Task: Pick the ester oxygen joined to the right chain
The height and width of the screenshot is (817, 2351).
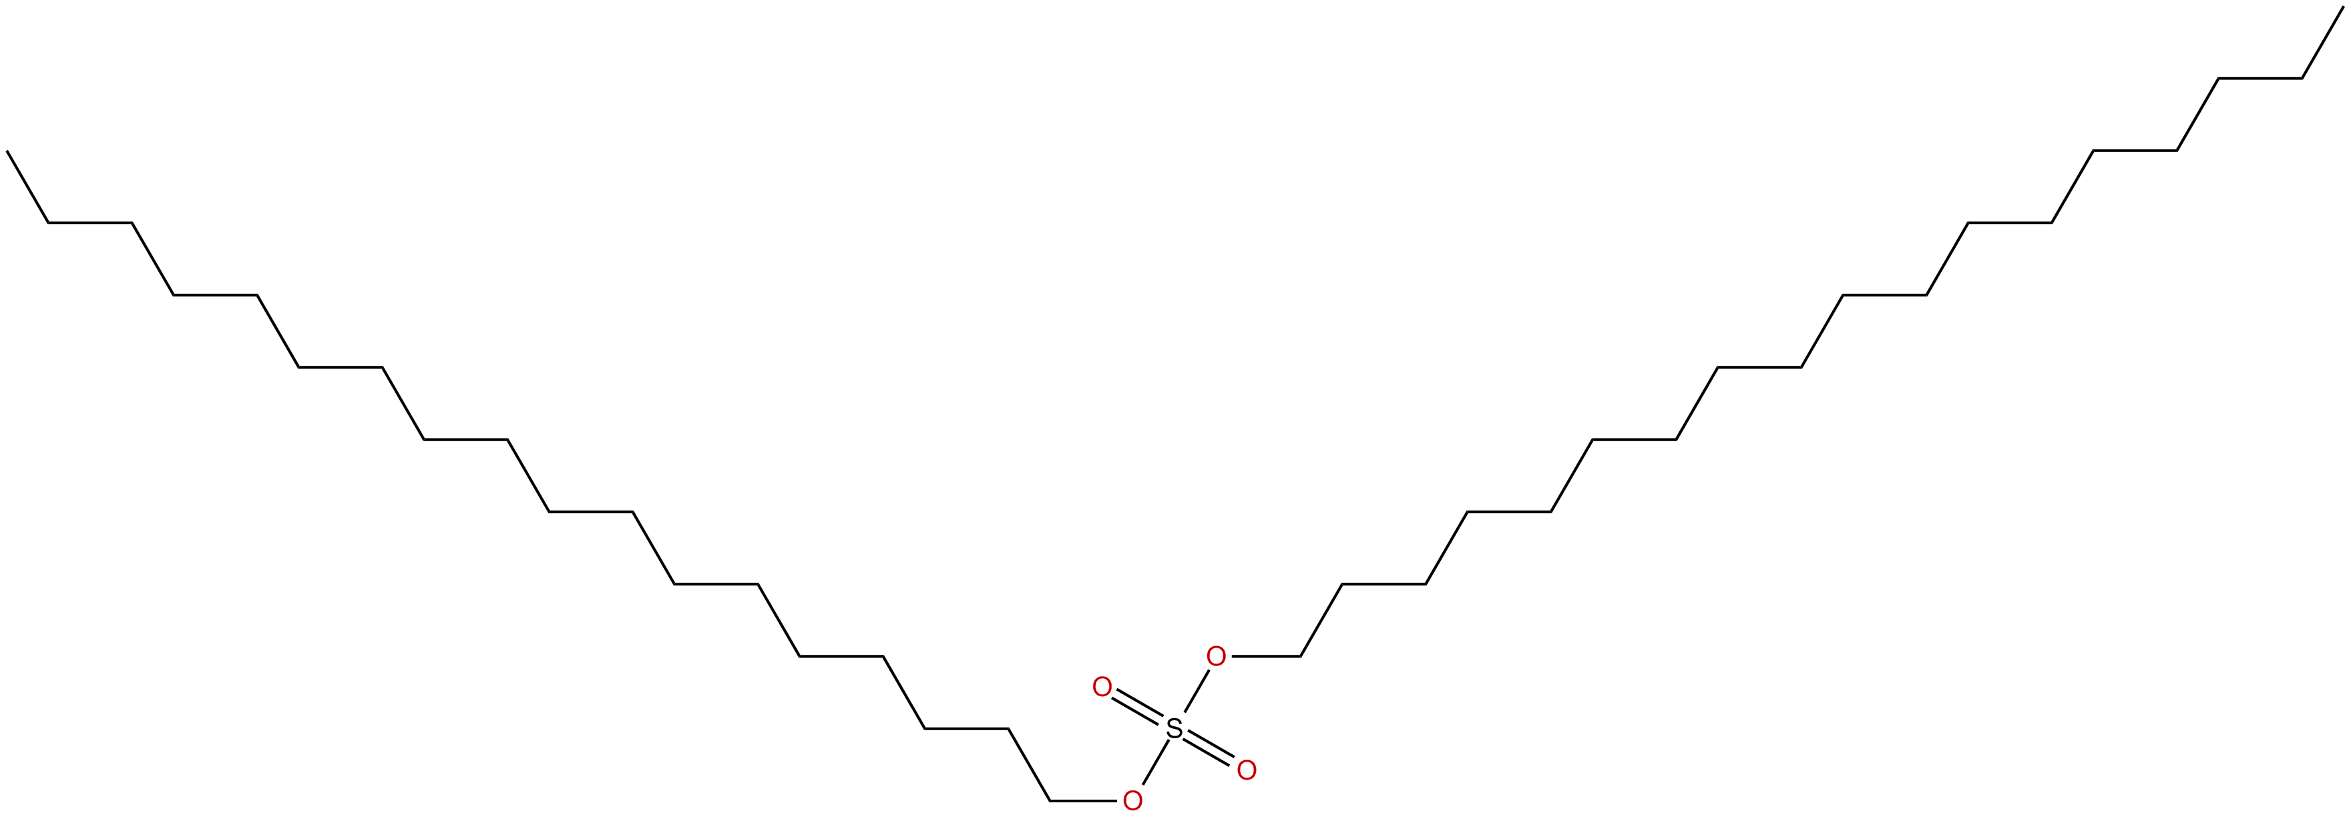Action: point(1216,656)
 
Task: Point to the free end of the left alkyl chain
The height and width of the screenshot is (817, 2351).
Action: point(7,152)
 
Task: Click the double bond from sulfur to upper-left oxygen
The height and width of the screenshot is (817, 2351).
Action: point(1138,708)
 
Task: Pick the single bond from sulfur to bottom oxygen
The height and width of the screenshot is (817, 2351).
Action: point(1154,765)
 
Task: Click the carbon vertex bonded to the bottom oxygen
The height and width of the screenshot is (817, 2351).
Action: point(1050,802)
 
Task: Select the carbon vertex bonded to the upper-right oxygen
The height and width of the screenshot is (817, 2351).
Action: point(1299,656)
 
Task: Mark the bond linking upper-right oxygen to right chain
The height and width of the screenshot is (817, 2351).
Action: point(1264,656)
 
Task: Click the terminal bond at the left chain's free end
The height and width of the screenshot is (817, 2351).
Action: point(28,187)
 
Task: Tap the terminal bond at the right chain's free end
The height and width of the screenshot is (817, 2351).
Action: point(2323,43)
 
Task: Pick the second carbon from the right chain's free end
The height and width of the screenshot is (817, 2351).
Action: point(2302,79)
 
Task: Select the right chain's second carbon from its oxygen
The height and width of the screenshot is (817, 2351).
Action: point(1341,584)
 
